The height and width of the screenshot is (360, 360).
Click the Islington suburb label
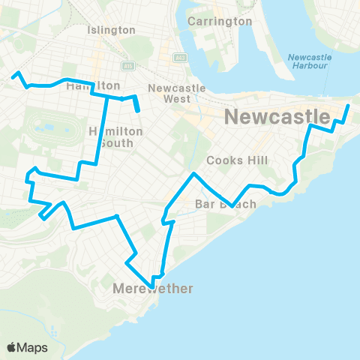click(112, 30)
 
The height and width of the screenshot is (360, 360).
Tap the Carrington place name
click(220, 21)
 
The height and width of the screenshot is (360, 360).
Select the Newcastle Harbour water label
click(308, 61)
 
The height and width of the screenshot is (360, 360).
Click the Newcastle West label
click(172, 94)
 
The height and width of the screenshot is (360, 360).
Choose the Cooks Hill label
click(232, 160)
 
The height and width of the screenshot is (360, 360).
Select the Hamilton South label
click(115, 138)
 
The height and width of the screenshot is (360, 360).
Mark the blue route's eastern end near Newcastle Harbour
click(349, 106)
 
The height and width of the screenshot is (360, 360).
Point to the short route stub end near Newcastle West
click(139, 112)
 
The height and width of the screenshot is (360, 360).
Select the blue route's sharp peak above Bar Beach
click(194, 174)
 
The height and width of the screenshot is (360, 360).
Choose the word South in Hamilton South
click(115, 145)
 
